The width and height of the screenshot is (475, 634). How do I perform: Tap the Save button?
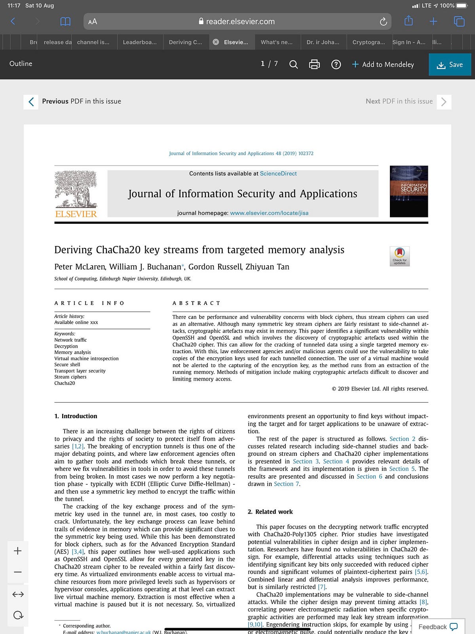tap(450, 65)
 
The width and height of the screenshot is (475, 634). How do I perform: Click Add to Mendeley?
tap(383, 65)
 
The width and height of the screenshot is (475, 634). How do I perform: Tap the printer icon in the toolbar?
tap(314, 64)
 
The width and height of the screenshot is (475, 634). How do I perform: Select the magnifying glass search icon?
tap(293, 64)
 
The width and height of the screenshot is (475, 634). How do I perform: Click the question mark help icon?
tap(336, 64)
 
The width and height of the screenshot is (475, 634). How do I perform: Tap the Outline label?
tap(21, 64)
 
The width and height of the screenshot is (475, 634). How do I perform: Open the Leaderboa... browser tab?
tap(140, 42)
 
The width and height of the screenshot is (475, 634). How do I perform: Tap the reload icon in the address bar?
tap(383, 22)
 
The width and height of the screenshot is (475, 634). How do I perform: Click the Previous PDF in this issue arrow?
tap(31, 102)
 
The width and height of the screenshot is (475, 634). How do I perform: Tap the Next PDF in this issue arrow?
tap(444, 102)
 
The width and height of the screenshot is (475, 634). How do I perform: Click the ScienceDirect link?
tap(278, 173)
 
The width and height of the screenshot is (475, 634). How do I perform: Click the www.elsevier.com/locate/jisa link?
tap(269, 213)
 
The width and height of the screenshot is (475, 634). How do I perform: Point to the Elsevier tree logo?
tap(76, 189)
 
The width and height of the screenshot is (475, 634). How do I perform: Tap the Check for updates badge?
tap(399, 256)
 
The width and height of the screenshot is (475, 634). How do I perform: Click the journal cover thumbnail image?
tap(408, 191)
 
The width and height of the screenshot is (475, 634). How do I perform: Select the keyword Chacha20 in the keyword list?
tap(65, 383)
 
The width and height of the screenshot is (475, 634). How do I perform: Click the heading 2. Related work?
tap(270, 512)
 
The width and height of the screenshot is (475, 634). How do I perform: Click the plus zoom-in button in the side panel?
tap(18, 551)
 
